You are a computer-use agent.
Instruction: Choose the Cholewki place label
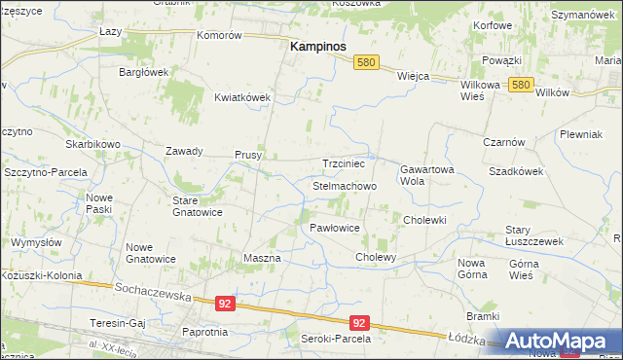click(x=424, y=220)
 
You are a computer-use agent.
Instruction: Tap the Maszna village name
click(x=261, y=258)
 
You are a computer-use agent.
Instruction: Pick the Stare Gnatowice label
click(x=198, y=205)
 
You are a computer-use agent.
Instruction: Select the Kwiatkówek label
click(x=241, y=97)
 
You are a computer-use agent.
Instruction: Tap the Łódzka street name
click(x=465, y=338)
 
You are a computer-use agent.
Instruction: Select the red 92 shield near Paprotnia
click(x=225, y=304)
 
